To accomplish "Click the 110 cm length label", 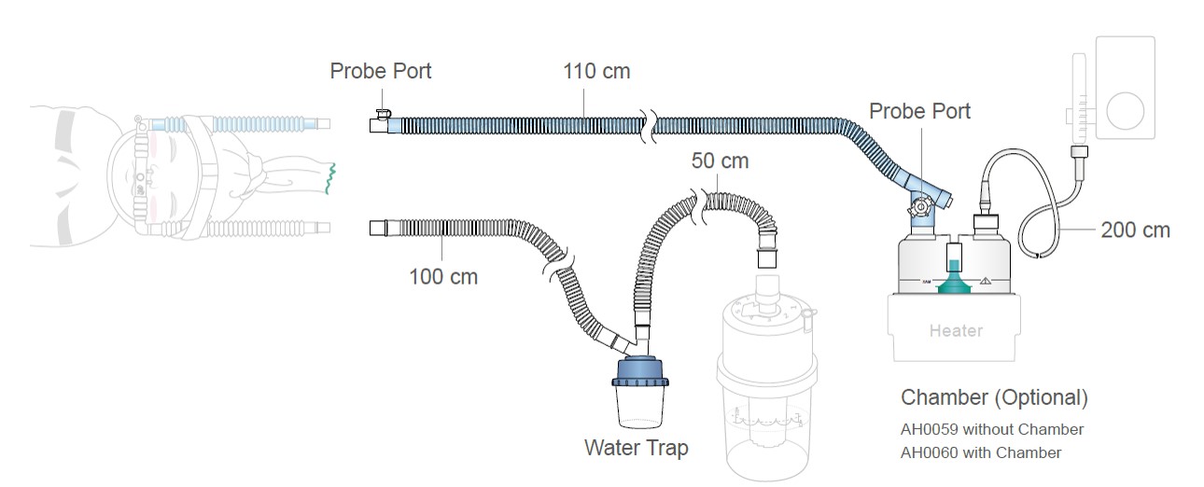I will pos(595,71).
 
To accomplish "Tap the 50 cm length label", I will pos(720,160).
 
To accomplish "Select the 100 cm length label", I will pos(443,276).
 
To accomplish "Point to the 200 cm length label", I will pos(1135,230).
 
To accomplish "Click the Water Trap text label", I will pos(636,448).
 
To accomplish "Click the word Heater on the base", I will pos(956,330).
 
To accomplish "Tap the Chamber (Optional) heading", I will pos(994,397).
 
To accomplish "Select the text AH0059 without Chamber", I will pos(991,430).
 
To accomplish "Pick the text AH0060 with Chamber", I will pos(980,452).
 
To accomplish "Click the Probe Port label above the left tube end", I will pos(381,71).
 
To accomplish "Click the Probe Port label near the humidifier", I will pos(919,112).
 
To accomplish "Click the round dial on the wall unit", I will pos(1123,109).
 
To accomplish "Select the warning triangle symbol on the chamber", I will pos(986,280).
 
